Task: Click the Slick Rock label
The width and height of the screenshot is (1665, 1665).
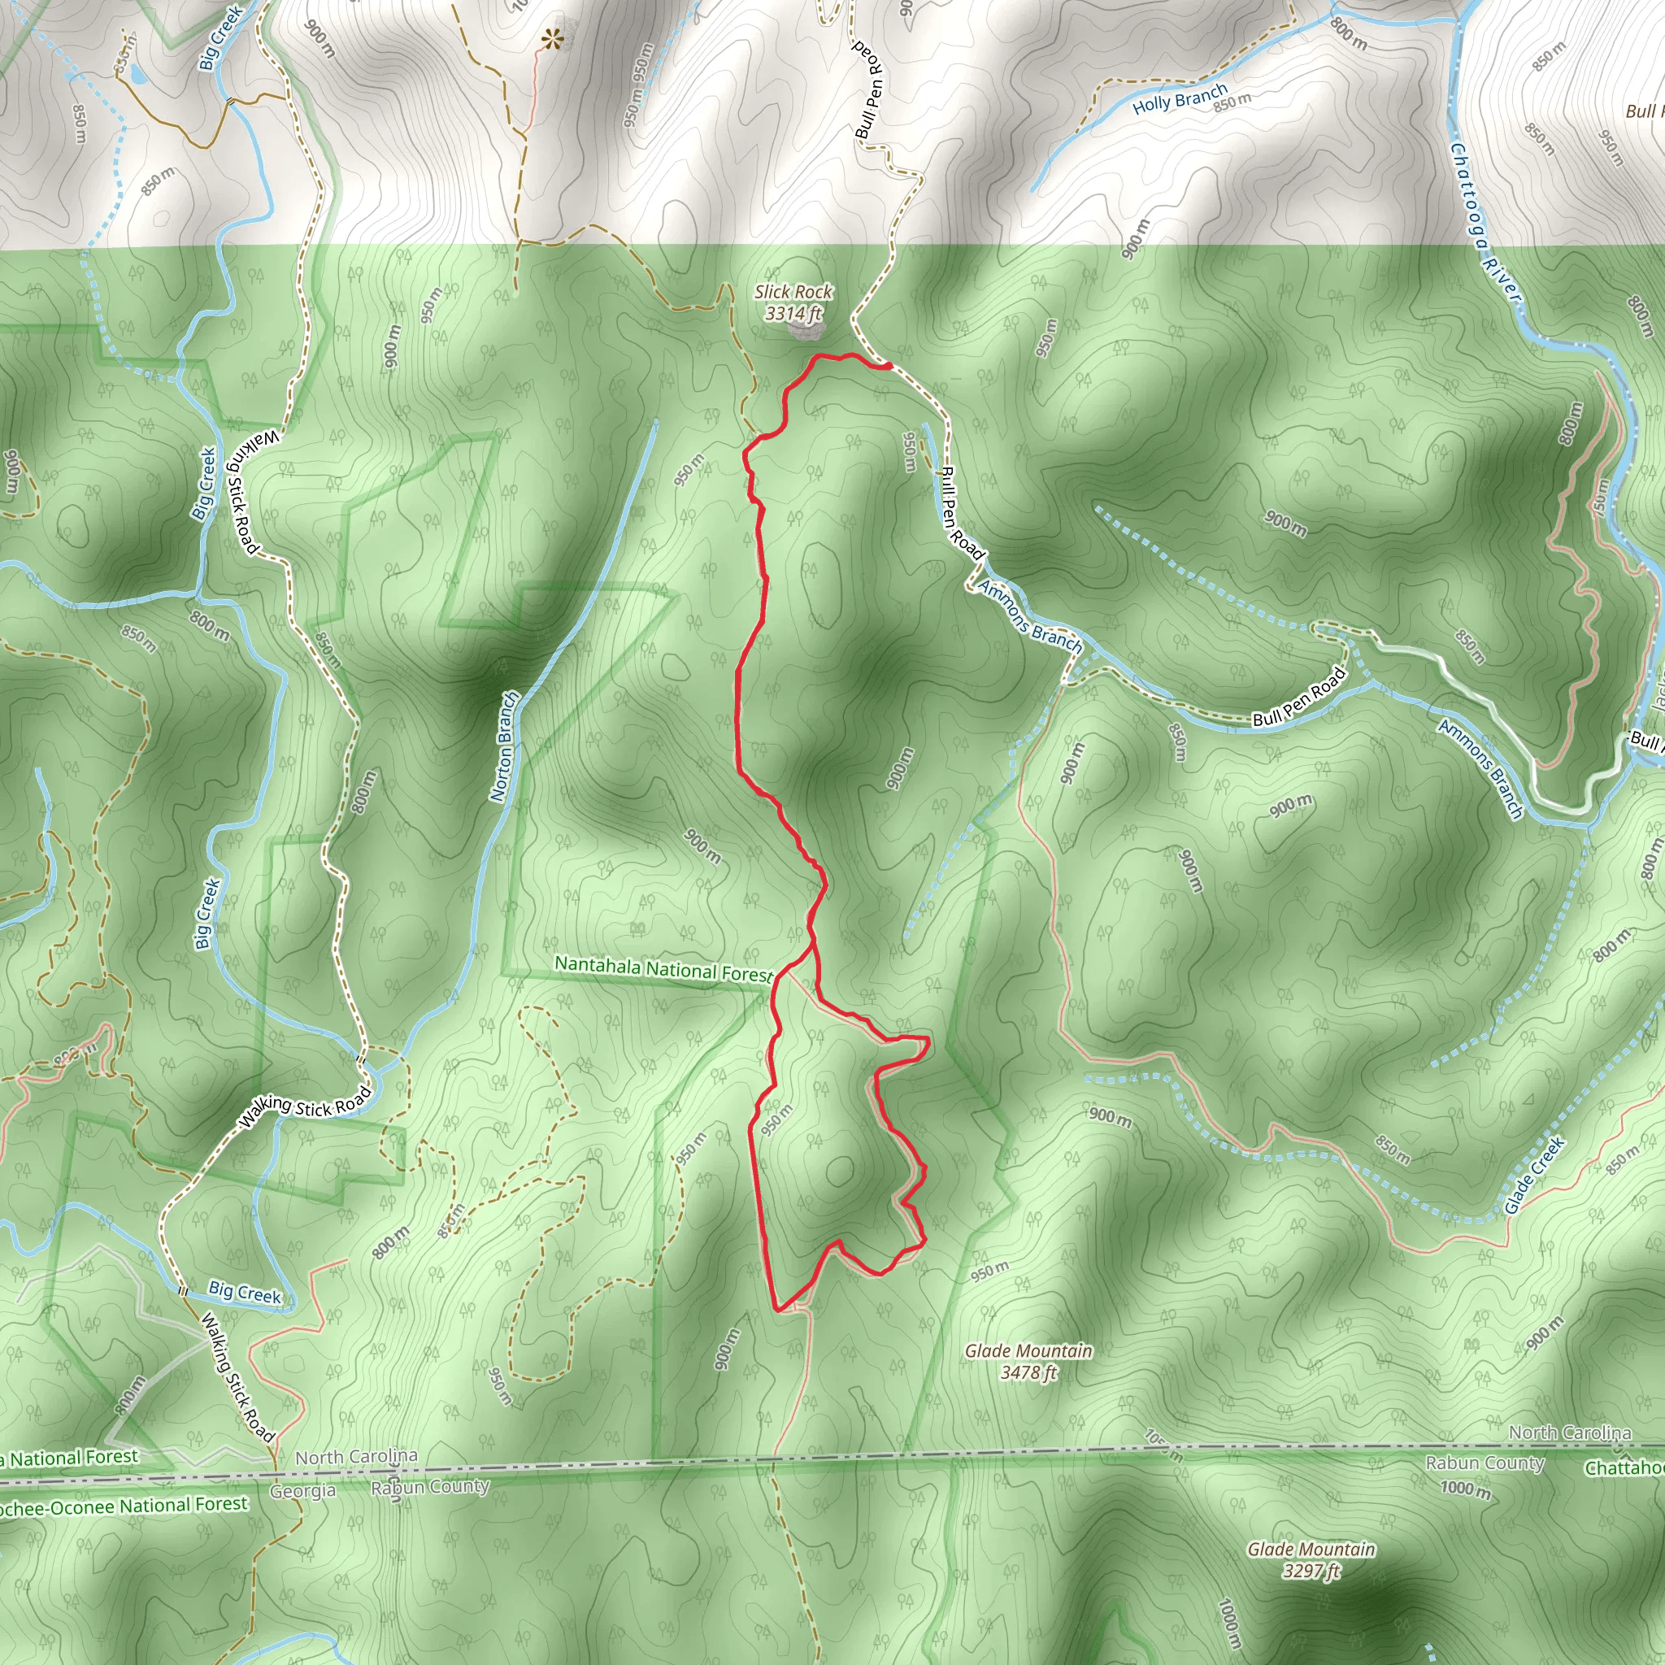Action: click(x=793, y=292)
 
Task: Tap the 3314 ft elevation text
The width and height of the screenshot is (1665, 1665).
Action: click(x=793, y=314)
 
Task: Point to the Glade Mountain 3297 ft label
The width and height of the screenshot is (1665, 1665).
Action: click(x=1311, y=1559)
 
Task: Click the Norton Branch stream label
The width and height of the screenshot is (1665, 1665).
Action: click(x=505, y=746)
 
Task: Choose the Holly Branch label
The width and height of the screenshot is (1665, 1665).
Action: click(x=1179, y=99)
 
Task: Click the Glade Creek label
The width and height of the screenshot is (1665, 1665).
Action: click(x=1534, y=1176)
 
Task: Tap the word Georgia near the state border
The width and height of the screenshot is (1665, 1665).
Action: click(x=302, y=1491)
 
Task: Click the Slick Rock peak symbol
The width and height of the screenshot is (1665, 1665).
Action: click(x=807, y=330)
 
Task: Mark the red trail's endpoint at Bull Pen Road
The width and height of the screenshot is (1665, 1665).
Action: click(x=887, y=367)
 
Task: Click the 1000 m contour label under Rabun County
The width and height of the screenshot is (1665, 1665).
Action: click(x=1465, y=1489)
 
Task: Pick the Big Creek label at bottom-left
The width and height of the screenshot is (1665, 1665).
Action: click(x=245, y=1292)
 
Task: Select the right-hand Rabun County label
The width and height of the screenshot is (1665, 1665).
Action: click(x=1484, y=1463)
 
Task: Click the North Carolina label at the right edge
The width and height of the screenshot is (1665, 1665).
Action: click(x=1569, y=1432)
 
